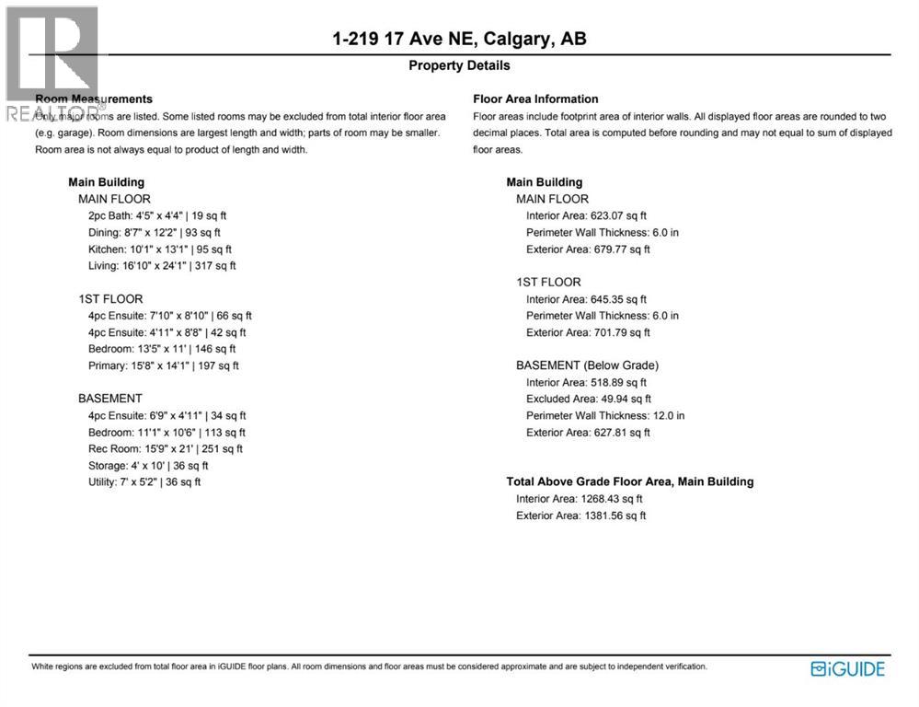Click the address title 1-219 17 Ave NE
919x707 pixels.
point(459,39)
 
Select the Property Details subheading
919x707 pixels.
point(459,65)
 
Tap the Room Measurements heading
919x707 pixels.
point(94,99)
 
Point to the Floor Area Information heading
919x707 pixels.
point(535,99)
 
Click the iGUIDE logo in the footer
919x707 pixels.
point(847,669)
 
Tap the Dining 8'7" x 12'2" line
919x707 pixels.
point(154,232)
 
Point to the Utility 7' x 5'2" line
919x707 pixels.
point(144,482)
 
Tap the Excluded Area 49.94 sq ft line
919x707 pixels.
point(589,399)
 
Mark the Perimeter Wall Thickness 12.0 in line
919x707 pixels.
point(605,415)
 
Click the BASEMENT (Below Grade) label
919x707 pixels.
point(587,365)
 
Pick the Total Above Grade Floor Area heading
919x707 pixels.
point(630,481)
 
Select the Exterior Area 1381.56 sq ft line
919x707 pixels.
point(580,516)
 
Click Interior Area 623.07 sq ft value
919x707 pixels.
point(586,215)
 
